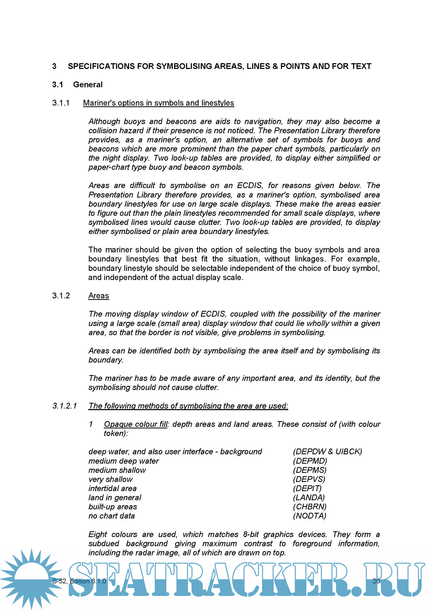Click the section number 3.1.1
(61, 103)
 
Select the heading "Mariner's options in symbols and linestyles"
(158, 103)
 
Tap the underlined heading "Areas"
(99, 296)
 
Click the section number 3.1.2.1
(65, 406)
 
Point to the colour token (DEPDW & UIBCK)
(327, 452)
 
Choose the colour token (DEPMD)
(310, 461)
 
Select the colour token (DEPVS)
(309, 479)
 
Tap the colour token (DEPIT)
(307, 488)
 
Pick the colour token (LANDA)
(309, 498)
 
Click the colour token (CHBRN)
(309, 507)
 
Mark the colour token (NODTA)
(309, 516)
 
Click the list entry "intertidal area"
(112, 488)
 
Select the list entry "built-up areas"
(113, 507)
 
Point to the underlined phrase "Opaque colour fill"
(135, 424)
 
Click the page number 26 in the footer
(376, 581)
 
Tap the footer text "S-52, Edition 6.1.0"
(79, 581)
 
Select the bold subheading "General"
(88, 85)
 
